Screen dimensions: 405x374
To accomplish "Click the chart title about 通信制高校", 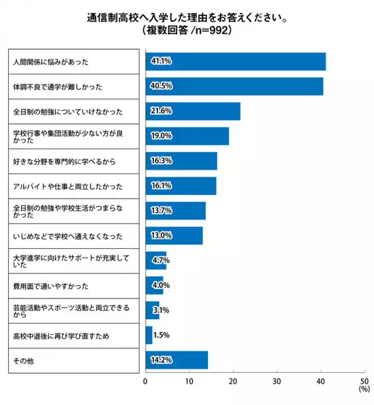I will point(187,17).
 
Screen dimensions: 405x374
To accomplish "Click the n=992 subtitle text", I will point(187,30).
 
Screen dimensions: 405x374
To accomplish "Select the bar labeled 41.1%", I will point(236,62).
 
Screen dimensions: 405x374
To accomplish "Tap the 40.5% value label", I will point(161,86).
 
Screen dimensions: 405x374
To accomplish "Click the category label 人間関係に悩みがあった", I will point(51,62).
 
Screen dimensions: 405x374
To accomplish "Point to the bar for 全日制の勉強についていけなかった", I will point(193,111).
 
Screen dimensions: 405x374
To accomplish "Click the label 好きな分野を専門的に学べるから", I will point(64,162).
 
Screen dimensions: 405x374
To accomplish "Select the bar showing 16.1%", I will point(181,186).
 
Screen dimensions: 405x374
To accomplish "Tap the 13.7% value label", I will point(161,211).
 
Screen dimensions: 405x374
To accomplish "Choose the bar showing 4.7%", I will point(156,261).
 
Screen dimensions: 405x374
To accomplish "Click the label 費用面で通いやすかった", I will point(50,286).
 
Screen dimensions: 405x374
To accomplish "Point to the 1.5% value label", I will point(161,335).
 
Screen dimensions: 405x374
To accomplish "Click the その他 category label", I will point(24,361).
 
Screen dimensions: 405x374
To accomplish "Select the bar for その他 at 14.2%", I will point(176,360).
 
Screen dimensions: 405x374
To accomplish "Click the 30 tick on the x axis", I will point(277,381).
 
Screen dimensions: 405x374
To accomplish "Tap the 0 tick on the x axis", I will point(145,381).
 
